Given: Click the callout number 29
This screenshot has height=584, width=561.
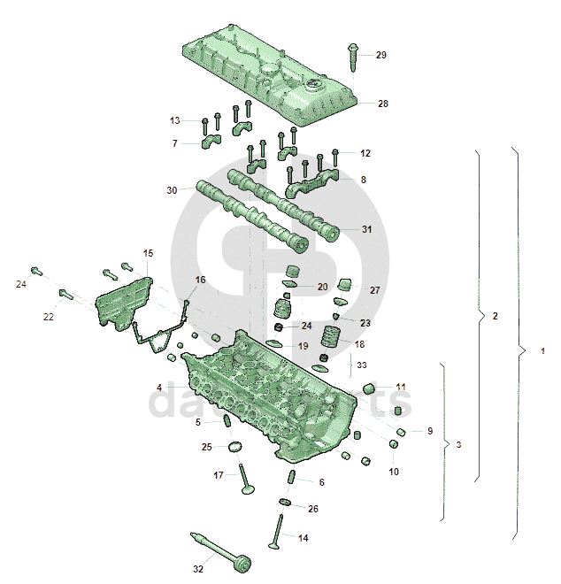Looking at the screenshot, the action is tap(381, 55).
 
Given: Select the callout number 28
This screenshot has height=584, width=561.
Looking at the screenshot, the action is tap(382, 104).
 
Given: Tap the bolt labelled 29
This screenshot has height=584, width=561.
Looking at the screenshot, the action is tap(354, 58).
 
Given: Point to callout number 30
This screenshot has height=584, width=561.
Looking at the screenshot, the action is tap(172, 190).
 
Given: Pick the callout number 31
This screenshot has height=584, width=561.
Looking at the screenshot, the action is tap(367, 229).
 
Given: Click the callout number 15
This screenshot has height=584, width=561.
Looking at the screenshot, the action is tap(148, 253).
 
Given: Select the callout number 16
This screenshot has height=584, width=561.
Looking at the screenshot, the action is tap(200, 280).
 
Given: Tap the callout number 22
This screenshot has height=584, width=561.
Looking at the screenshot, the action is tap(49, 316).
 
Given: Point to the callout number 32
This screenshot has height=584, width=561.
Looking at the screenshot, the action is tap(199, 557).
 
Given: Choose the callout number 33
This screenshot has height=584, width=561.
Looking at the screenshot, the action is tap(361, 364).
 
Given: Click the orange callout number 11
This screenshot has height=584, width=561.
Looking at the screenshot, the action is tap(401, 387).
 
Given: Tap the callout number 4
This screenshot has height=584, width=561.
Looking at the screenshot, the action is tap(159, 388).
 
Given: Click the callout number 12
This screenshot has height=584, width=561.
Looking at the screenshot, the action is tap(365, 153).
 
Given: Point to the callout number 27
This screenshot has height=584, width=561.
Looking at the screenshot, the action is tap(374, 290).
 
